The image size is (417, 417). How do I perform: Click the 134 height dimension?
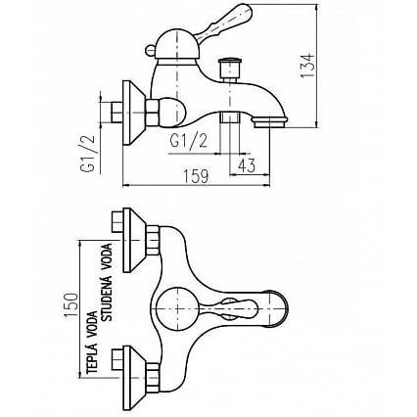point(307,65)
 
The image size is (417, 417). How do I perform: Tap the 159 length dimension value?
point(195,176)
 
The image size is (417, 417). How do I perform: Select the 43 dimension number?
point(247,166)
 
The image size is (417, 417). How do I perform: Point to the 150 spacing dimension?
point(71,305)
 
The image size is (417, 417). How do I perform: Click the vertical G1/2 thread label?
point(87,153)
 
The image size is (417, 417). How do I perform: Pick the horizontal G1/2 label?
point(189,141)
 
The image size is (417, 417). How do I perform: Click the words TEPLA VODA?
point(92,343)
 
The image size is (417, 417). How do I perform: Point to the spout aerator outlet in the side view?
point(269,122)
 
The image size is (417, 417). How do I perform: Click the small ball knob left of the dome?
point(150,51)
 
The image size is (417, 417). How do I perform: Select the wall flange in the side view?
point(133,113)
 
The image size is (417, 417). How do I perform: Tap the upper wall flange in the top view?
point(134,240)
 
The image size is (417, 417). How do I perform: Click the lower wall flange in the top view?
point(134,378)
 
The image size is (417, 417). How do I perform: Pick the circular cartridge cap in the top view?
point(177,308)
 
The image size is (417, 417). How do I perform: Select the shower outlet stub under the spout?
point(230,117)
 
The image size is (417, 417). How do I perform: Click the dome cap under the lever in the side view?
point(176,44)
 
